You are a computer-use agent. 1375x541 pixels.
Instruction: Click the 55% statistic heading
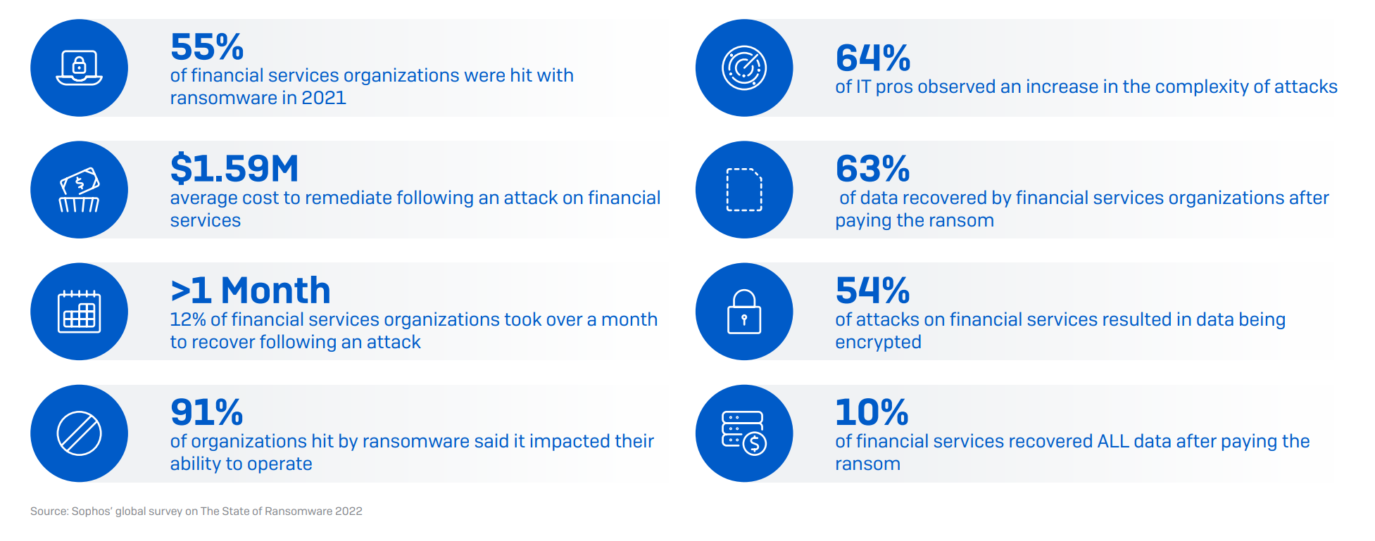[207, 47]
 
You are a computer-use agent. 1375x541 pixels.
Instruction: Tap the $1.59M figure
[234, 169]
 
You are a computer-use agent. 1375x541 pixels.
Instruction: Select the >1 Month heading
[251, 291]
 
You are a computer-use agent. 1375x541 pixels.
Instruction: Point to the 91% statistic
[207, 412]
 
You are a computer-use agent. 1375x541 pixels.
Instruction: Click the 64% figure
[873, 58]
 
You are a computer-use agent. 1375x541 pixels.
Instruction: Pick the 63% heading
[873, 169]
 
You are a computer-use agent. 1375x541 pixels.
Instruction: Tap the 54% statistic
[873, 291]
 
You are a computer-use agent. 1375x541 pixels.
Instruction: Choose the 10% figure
[872, 412]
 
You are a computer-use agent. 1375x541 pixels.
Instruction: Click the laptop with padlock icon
[79, 68]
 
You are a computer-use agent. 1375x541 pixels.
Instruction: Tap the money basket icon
[79, 190]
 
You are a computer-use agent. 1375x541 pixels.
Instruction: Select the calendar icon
[79, 311]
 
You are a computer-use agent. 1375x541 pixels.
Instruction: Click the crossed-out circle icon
[79, 433]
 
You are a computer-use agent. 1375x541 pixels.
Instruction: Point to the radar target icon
[744, 68]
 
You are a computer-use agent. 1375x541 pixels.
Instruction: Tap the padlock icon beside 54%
[744, 312]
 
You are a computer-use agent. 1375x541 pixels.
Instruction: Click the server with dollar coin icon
[744, 433]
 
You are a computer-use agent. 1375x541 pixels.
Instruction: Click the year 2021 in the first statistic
[324, 98]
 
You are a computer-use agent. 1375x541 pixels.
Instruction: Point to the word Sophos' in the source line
[92, 511]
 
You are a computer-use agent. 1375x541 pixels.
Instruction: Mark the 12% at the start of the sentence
[188, 319]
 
